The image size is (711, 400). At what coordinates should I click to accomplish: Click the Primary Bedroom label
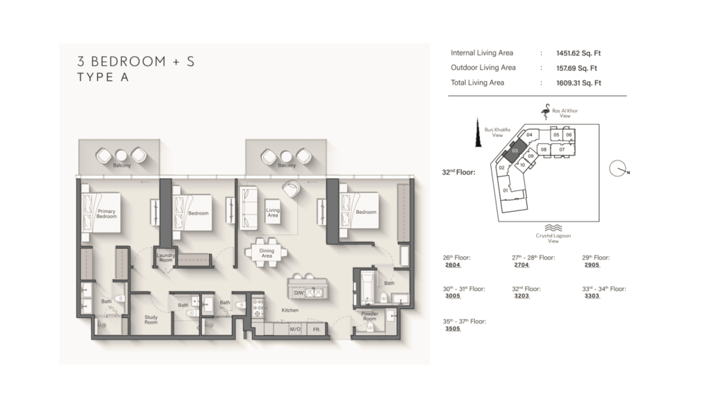tap(106, 214)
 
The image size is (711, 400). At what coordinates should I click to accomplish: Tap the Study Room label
tap(151, 319)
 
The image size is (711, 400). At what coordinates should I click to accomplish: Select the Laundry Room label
tap(165, 258)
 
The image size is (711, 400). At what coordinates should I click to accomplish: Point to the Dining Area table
tap(267, 253)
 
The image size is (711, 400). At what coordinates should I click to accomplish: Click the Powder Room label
tap(369, 316)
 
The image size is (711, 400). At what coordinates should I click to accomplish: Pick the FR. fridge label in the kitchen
tap(317, 329)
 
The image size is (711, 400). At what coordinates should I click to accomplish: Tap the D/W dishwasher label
tap(299, 293)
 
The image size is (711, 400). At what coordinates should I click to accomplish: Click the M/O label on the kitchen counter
tap(294, 329)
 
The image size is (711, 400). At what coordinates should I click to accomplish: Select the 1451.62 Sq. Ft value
tap(578, 53)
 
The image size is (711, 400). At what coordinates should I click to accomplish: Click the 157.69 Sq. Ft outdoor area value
tap(576, 68)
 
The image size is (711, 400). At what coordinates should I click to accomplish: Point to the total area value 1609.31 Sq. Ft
tap(578, 83)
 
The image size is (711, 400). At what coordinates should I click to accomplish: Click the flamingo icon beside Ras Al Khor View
tap(546, 112)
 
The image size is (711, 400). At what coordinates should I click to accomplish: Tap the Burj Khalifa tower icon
tap(478, 132)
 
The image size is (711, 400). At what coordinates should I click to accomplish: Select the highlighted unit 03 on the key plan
tap(515, 151)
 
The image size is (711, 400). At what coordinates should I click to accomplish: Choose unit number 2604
tap(453, 265)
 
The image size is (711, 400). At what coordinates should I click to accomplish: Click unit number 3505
tap(453, 328)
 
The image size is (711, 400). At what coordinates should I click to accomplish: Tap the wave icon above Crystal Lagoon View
tap(553, 228)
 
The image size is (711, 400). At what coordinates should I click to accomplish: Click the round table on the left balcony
tap(121, 156)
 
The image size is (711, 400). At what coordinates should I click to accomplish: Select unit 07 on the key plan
tap(562, 150)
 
